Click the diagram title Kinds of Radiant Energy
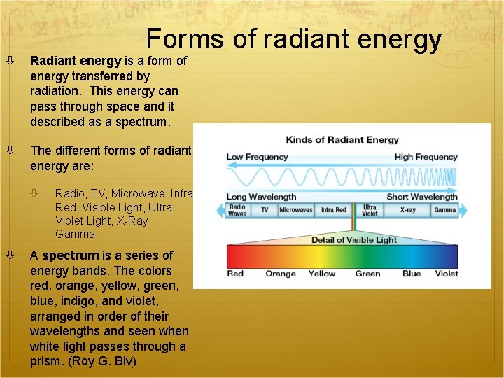click(342, 140)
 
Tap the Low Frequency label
click(257, 157)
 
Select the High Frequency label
click(426, 157)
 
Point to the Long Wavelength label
click(261, 197)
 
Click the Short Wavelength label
click(421, 197)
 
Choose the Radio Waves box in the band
click(237, 210)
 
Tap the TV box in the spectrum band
click(265, 210)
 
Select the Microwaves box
click(295, 210)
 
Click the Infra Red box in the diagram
click(333, 210)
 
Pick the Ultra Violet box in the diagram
click(370, 210)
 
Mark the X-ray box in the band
click(408, 210)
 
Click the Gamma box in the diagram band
click(444, 210)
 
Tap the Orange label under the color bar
click(281, 274)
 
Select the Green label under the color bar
click(367, 274)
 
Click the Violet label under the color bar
click(446, 274)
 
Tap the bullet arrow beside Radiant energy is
click(12, 61)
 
